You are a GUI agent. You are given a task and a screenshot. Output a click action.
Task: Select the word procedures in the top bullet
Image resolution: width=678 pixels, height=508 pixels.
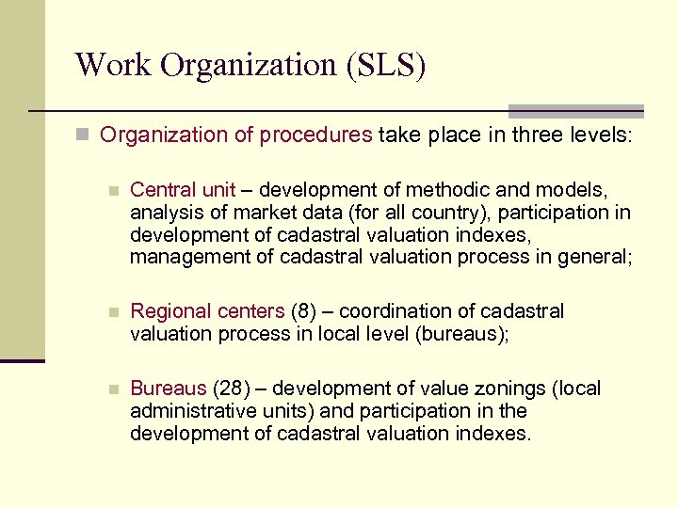coord(316,135)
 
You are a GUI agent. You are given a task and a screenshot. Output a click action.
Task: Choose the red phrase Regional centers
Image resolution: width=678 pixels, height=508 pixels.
coord(206,311)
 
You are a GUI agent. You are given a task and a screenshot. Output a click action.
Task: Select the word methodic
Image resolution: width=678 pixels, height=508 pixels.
coord(443,190)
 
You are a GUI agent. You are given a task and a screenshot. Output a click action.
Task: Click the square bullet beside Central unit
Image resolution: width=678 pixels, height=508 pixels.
coord(113,191)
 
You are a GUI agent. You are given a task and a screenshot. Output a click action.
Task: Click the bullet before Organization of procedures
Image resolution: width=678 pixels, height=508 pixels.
coord(84,135)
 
